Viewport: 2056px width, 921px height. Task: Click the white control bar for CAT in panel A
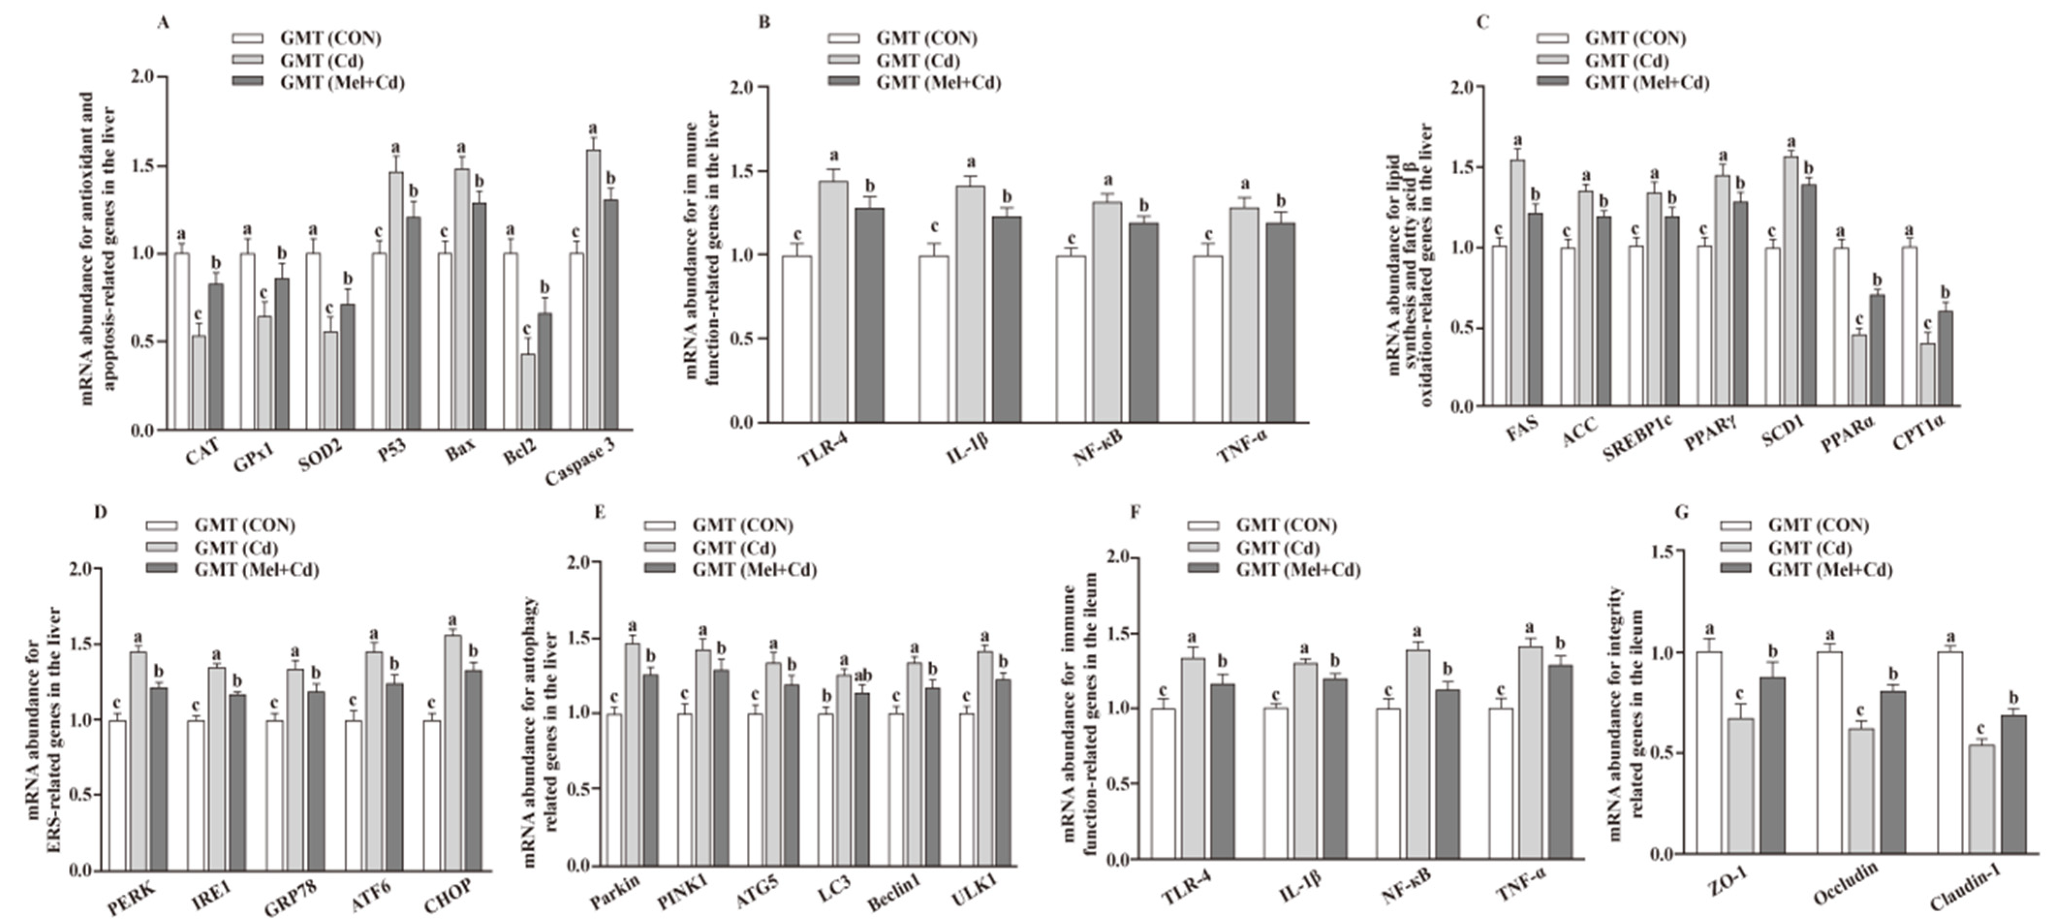(182, 341)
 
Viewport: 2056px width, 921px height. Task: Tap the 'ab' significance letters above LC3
(862, 676)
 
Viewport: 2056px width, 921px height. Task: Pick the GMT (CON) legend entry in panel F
(1285, 525)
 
